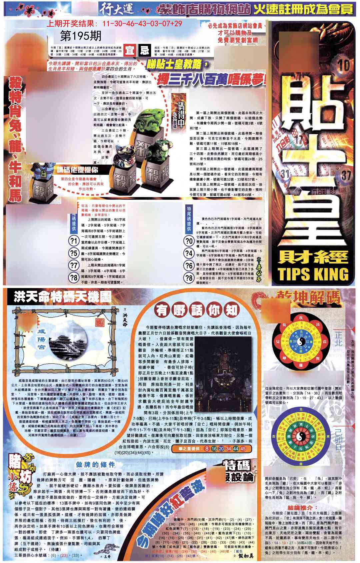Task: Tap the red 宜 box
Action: pyautogui.click(x=130, y=51)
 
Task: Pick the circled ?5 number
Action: pyautogui.click(x=73, y=253)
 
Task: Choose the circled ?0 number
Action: pyautogui.click(x=189, y=241)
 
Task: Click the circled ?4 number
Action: pyautogui.click(x=189, y=253)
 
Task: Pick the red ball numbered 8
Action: pyautogui.click(x=207, y=449)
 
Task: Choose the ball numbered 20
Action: pyautogui.click(x=221, y=449)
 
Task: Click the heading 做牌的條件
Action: pyautogui.click(x=95, y=464)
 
